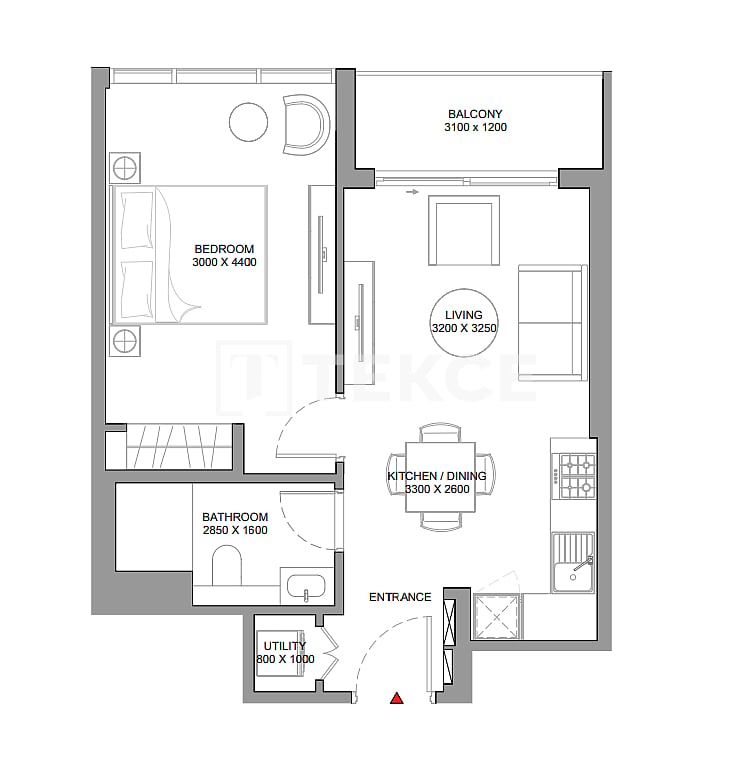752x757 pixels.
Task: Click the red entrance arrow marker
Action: tap(397, 698)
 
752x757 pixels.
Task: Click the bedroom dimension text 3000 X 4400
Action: tap(225, 263)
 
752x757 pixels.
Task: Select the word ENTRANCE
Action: tap(400, 597)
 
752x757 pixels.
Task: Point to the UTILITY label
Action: tap(284, 646)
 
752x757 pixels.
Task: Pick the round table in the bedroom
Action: tap(249, 122)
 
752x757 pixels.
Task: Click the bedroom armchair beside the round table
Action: tap(305, 125)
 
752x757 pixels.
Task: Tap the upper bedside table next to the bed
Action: tap(125, 167)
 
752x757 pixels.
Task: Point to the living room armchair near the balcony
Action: tap(463, 231)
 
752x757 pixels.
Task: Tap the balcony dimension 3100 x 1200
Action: tap(475, 128)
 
